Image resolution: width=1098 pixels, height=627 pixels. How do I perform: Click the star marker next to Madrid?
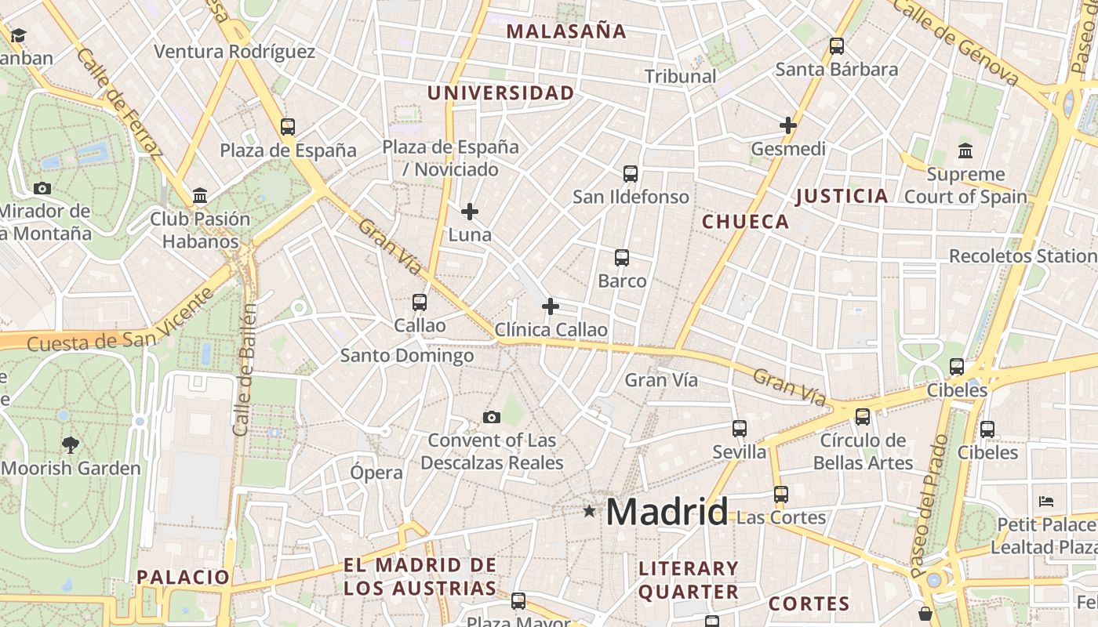point(589,512)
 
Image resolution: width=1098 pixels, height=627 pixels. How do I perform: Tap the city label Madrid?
point(667,512)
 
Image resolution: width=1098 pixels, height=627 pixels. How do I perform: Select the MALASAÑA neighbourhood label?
point(566,31)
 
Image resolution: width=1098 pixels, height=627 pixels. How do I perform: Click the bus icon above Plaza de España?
point(288,127)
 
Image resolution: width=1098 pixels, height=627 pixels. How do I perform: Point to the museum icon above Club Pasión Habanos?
point(200,195)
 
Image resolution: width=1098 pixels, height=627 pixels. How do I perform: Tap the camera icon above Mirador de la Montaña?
point(42,188)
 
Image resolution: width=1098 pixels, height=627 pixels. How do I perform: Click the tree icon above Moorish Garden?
point(71,445)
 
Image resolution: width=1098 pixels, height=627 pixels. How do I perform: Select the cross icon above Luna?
point(470,212)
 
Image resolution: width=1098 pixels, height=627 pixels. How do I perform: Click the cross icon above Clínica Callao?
point(551,306)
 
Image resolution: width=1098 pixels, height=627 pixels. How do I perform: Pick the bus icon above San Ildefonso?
point(631,174)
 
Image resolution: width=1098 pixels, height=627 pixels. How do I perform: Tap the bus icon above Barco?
point(622,258)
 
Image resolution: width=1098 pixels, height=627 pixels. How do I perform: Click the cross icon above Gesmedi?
point(788,125)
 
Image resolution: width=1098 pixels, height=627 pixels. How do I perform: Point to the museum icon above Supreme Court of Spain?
point(965,150)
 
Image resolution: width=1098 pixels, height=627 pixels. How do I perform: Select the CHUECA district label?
point(745,222)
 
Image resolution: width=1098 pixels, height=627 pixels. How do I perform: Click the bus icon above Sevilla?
point(740,429)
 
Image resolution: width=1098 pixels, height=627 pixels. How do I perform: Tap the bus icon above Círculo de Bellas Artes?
point(863,417)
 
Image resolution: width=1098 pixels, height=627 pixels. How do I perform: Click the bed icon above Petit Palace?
point(1045,502)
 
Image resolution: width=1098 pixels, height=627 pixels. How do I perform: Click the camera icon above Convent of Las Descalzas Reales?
point(492,417)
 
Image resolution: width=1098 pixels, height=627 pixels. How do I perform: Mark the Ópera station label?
point(376,473)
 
